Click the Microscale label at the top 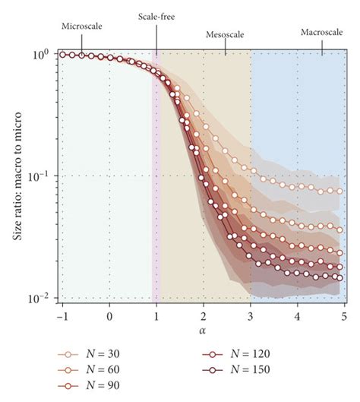click(81, 26)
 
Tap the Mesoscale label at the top click(226, 35)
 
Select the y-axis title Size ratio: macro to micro click(17, 176)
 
